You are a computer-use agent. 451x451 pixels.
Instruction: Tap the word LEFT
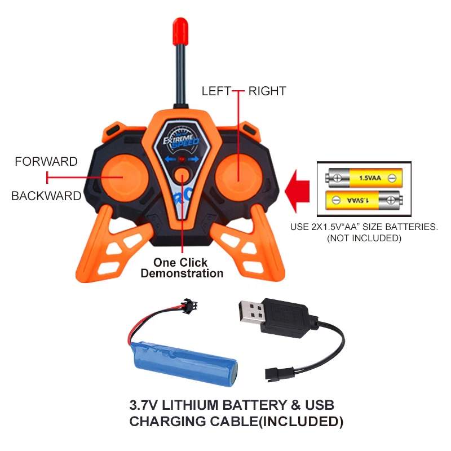click(216, 91)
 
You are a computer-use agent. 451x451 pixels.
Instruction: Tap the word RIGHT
click(267, 91)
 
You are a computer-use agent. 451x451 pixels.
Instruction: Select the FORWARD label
click(46, 162)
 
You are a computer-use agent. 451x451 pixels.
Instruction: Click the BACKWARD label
click(46, 196)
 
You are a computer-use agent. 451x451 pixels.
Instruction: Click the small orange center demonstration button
click(182, 176)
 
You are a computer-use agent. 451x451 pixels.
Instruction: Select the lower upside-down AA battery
click(361, 200)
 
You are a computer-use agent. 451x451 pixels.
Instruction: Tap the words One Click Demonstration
click(182, 268)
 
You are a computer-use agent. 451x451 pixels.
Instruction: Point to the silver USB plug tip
click(251, 312)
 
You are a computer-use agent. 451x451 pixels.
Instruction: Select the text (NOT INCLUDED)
click(364, 238)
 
